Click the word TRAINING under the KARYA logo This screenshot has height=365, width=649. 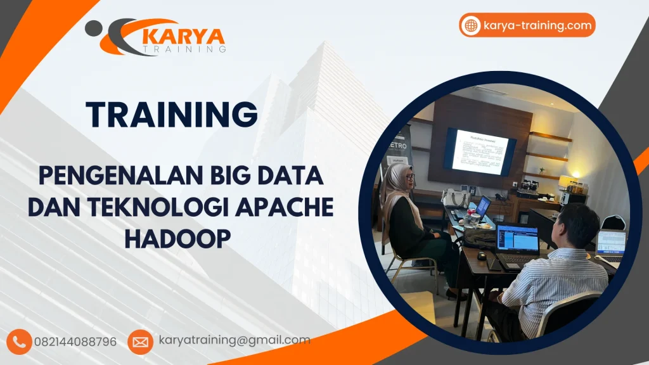click(x=184, y=49)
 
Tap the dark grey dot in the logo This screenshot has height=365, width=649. click(x=93, y=28)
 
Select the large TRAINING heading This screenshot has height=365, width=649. click(x=172, y=115)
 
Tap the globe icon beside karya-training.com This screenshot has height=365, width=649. click(x=471, y=25)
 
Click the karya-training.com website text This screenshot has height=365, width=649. click(x=537, y=25)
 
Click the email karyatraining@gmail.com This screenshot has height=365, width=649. click(x=235, y=340)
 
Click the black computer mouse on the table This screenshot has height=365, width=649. click(x=482, y=255)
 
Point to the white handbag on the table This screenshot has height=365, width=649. click(x=455, y=198)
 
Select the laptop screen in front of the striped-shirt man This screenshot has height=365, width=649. click(x=517, y=238)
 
